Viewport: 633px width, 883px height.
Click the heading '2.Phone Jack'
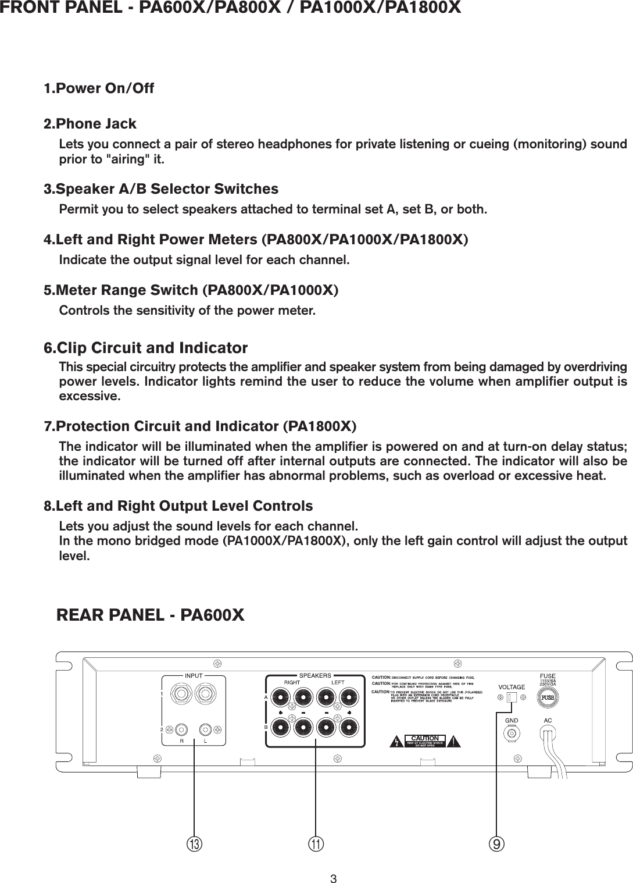(90, 124)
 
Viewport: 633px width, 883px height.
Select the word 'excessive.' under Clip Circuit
(90, 397)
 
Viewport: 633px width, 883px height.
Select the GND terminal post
(512, 734)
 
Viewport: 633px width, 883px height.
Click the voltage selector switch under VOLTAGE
(511, 698)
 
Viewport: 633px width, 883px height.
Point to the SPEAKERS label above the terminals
(315, 676)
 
